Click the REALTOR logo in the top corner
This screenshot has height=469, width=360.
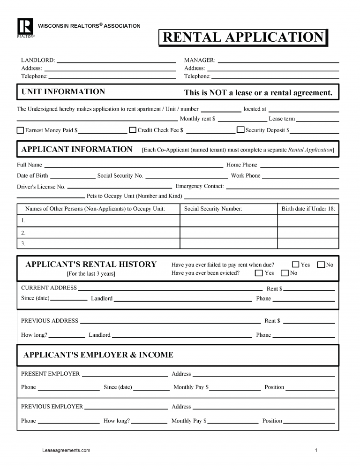pyautogui.click(x=25, y=26)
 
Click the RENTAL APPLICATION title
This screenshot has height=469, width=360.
pyautogui.click(x=243, y=38)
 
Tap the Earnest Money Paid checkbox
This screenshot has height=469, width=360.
pyautogui.click(x=20, y=130)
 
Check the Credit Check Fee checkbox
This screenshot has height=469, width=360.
pyautogui.click(x=133, y=130)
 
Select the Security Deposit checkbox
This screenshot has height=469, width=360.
pyautogui.click(x=240, y=130)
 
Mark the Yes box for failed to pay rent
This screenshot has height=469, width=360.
pyautogui.click(x=295, y=265)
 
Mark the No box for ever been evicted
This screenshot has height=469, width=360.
pyautogui.click(x=285, y=273)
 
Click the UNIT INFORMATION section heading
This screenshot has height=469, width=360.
pyautogui.click(x=63, y=92)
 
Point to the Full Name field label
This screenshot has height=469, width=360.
pyautogui.click(x=30, y=165)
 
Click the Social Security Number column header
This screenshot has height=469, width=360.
pyautogui.click(x=213, y=209)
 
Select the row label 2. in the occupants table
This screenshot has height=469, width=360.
pyautogui.click(x=23, y=233)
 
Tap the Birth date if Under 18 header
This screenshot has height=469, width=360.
pyautogui.click(x=308, y=209)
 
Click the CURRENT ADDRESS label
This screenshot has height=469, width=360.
pyautogui.click(x=49, y=287)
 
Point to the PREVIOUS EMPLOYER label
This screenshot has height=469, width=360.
pyautogui.click(x=52, y=407)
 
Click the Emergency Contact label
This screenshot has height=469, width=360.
pyautogui.click(x=200, y=186)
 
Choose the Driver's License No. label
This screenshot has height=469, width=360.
pyautogui.click(x=41, y=187)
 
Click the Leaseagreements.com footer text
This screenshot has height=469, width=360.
pyautogui.click(x=66, y=450)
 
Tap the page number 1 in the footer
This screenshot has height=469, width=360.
pyautogui.click(x=316, y=450)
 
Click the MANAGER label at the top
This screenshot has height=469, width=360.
pyautogui.click(x=200, y=61)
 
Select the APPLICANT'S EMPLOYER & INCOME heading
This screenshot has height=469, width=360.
pyautogui.click(x=98, y=355)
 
